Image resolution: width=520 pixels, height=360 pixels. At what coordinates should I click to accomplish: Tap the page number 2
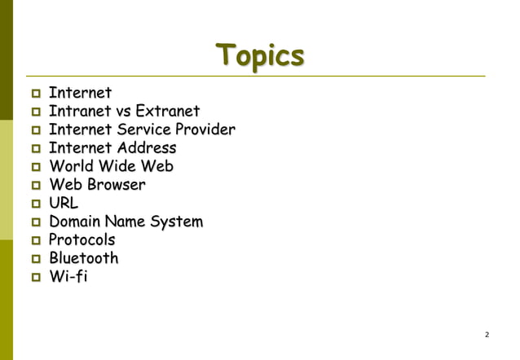pos(487,335)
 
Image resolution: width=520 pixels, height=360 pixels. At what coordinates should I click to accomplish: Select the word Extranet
pos(167,111)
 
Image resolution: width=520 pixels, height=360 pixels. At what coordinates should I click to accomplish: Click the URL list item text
pos(64,204)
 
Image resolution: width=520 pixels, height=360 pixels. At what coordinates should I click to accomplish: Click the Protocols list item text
pos(82,240)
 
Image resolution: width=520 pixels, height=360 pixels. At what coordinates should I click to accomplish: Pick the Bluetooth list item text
pos(83,259)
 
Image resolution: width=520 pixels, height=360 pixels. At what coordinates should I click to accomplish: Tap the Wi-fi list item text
pos(68,277)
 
